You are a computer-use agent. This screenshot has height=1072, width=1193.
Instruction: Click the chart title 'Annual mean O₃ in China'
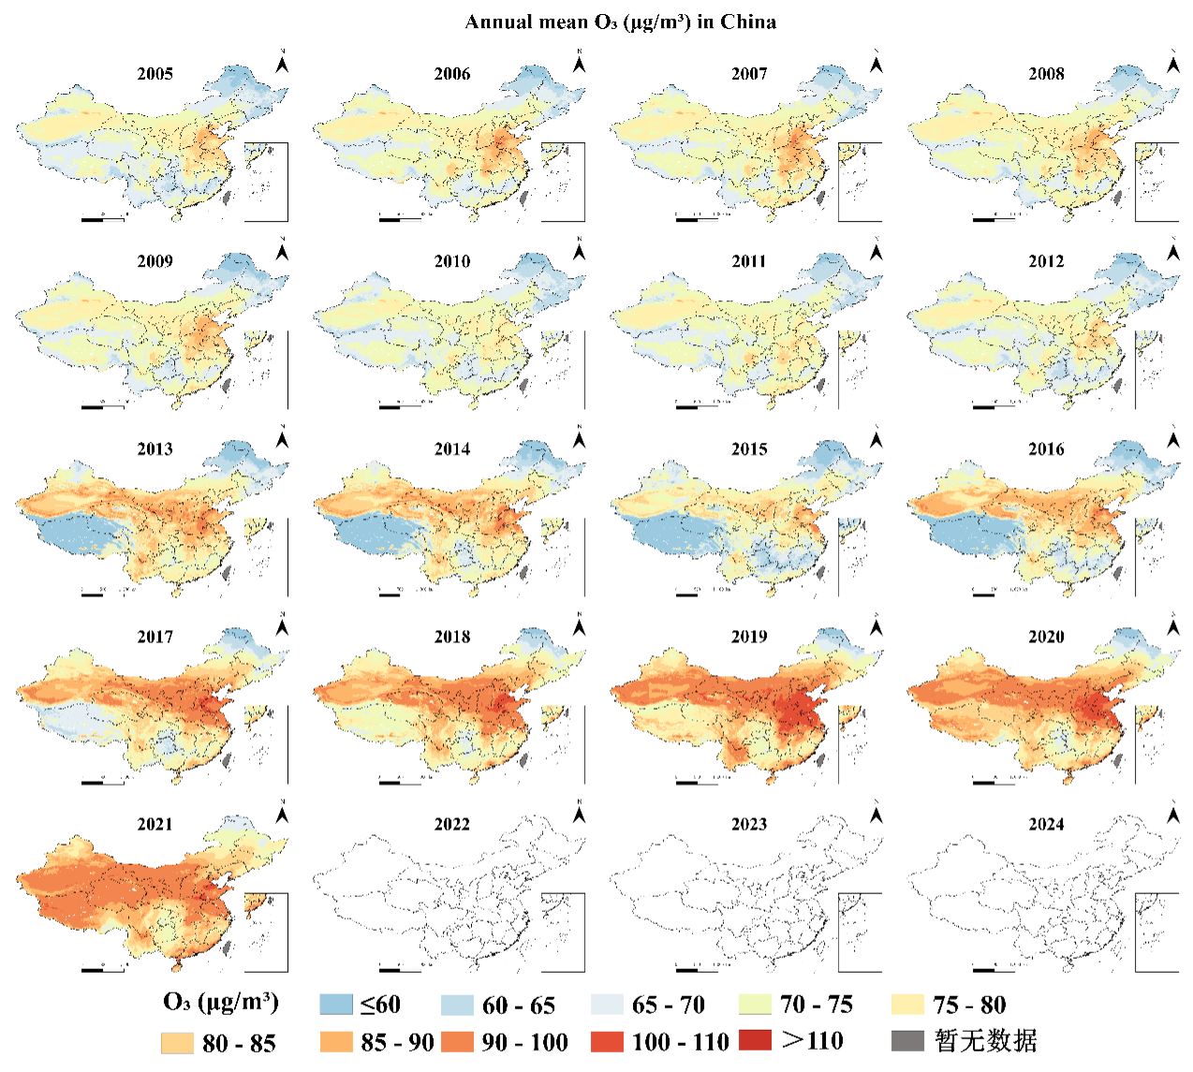[620, 22]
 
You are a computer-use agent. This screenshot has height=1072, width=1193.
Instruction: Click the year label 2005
[155, 74]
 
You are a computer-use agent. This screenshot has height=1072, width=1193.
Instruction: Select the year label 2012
[1046, 261]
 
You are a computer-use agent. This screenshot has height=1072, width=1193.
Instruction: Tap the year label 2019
[749, 637]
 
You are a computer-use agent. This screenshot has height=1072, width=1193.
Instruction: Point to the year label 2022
[452, 824]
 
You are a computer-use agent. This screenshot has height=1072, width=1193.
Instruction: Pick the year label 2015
[749, 449]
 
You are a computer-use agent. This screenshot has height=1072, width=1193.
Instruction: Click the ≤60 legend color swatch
[335, 1005]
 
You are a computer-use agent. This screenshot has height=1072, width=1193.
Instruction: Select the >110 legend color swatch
[755, 1040]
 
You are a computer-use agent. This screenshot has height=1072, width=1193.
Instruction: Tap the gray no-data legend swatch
[907, 1040]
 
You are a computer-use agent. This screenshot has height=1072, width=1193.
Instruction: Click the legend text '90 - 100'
[525, 1042]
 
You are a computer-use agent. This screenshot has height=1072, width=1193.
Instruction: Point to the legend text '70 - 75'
[817, 1005]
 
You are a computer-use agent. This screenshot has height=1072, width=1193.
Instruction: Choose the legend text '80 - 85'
[239, 1043]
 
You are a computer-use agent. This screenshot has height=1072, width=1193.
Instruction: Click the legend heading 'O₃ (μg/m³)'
[221, 1003]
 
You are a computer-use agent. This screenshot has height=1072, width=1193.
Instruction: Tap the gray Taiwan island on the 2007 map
[820, 198]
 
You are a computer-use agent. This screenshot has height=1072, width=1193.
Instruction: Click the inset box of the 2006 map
[563, 182]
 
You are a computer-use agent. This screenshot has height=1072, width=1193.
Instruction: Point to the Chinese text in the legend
[986, 1040]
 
